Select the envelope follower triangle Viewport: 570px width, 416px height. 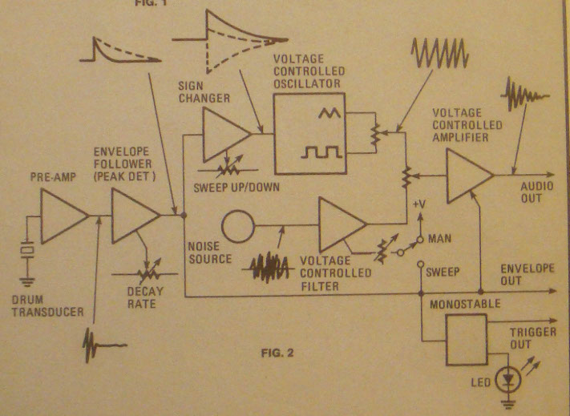(x=132, y=216)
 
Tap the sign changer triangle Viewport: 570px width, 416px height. (x=224, y=133)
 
